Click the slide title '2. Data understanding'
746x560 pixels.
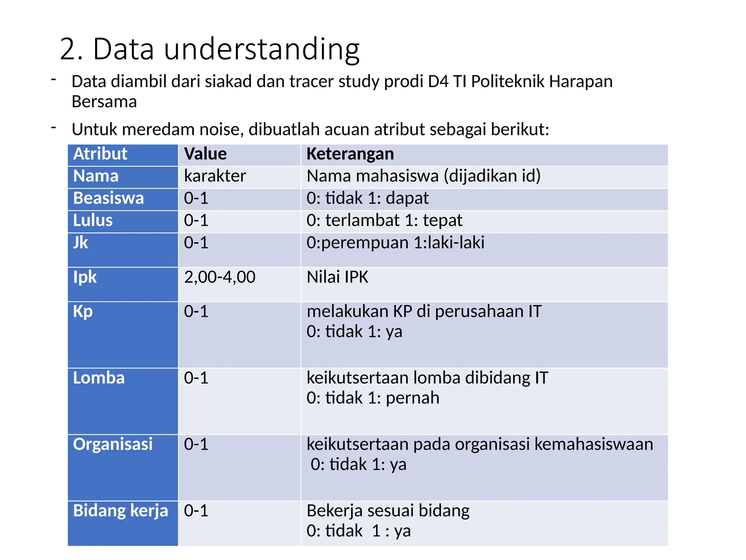pos(209,49)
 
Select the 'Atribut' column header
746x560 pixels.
pos(100,154)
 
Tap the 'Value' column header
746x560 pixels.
pos(205,154)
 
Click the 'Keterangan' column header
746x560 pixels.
pos(350,154)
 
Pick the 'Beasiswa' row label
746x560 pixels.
pos(109,198)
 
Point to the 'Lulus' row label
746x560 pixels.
pos(93,221)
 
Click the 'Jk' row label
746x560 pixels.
pos(81,243)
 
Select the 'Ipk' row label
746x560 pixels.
pos(85,277)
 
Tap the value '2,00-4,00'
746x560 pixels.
pos(220,277)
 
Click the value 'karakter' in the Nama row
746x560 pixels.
pos(215,176)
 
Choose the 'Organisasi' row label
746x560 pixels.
pos(113,444)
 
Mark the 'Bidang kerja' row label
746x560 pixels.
pos(121,511)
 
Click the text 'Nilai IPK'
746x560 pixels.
pos(337,277)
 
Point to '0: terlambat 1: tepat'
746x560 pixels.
pos(384,221)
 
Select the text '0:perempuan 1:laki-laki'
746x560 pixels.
pos(395,243)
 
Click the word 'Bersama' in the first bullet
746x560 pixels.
pos(104,102)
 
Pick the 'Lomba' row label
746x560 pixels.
pos(99,378)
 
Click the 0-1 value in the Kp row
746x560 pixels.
pos(196,312)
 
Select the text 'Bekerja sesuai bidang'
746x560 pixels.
pos(388,511)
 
